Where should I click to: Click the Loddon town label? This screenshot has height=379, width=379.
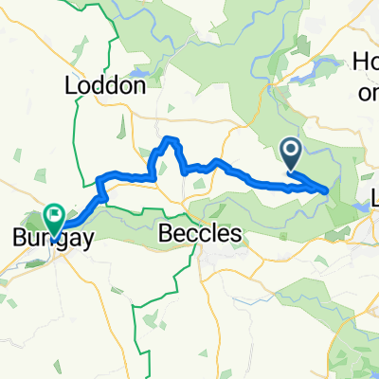(x=104, y=85)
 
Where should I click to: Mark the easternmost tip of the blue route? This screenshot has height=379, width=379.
(x=328, y=190)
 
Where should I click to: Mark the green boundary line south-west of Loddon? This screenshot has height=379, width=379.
(x=68, y=142)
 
